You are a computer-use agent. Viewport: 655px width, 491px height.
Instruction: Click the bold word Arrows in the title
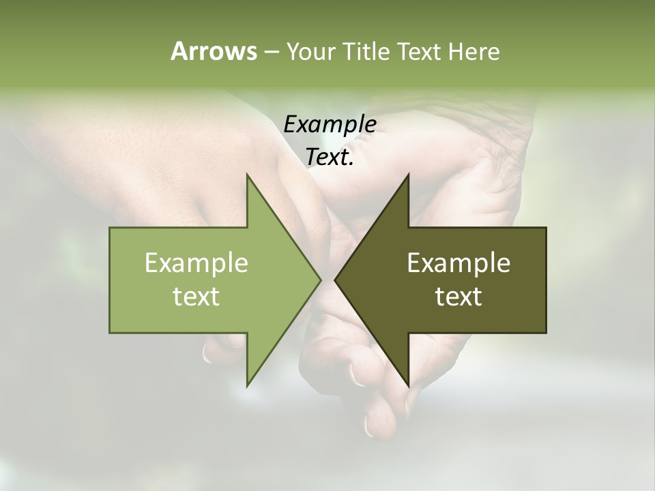(x=213, y=51)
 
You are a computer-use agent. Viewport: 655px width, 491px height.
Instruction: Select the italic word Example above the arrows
(x=330, y=125)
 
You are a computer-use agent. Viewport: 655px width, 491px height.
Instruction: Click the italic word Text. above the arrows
(x=330, y=157)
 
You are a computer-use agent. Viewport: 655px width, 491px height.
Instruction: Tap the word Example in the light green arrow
(x=196, y=263)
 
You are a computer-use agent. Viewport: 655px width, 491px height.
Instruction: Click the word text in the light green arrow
(x=196, y=297)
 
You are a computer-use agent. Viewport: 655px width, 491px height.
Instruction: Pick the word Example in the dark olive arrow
(x=458, y=263)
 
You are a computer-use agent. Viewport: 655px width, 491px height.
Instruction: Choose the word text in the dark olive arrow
(x=458, y=297)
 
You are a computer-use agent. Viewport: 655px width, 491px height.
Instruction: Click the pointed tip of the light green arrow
(x=321, y=280)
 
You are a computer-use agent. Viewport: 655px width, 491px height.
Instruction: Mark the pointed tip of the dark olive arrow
(x=334, y=280)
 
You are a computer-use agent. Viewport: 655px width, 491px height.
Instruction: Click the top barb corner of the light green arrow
(x=247, y=174)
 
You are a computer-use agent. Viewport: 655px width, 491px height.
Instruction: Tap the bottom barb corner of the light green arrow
(x=247, y=386)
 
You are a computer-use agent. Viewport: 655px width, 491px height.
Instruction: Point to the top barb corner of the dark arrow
(x=409, y=174)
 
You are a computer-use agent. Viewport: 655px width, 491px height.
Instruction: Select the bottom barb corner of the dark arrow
(x=409, y=386)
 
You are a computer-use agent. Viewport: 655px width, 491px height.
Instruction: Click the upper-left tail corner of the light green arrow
(x=110, y=227)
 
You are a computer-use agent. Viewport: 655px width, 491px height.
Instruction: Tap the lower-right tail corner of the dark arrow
(x=546, y=333)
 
